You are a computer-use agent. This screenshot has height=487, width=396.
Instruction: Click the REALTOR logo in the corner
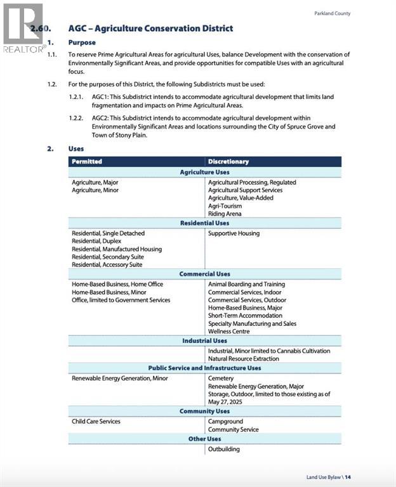[x=23, y=29]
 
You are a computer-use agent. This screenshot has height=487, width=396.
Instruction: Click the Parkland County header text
[x=332, y=13]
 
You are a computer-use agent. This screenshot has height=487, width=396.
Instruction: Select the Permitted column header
[x=87, y=162]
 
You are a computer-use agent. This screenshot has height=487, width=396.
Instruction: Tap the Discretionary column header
[x=228, y=162]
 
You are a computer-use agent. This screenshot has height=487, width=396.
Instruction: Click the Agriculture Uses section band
[x=204, y=172]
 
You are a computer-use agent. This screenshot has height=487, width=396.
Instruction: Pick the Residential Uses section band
[x=204, y=223]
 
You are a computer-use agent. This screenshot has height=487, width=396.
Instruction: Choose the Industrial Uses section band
[x=204, y=341]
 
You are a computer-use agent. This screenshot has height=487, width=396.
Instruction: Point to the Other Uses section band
[x=204, y=439]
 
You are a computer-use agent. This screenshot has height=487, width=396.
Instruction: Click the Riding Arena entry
[x=225, y=214]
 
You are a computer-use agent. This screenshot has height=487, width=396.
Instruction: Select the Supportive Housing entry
[x=234, y=233]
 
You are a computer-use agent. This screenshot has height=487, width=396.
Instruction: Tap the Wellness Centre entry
[x=228, y=331]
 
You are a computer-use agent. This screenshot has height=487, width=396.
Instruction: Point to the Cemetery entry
[x=221, y=379]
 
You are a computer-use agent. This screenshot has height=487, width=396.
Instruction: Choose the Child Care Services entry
[x=96, y=421]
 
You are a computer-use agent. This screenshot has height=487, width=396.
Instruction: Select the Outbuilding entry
[x=224, y=449]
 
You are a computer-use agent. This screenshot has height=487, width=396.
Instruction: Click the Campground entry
[x=225, y=421]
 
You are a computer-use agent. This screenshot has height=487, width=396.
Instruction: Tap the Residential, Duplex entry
[x=96, y=242]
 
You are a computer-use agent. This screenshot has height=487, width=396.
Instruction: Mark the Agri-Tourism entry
[x=225, y=206]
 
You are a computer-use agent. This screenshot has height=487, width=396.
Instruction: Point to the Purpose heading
[x=82, y=42]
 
